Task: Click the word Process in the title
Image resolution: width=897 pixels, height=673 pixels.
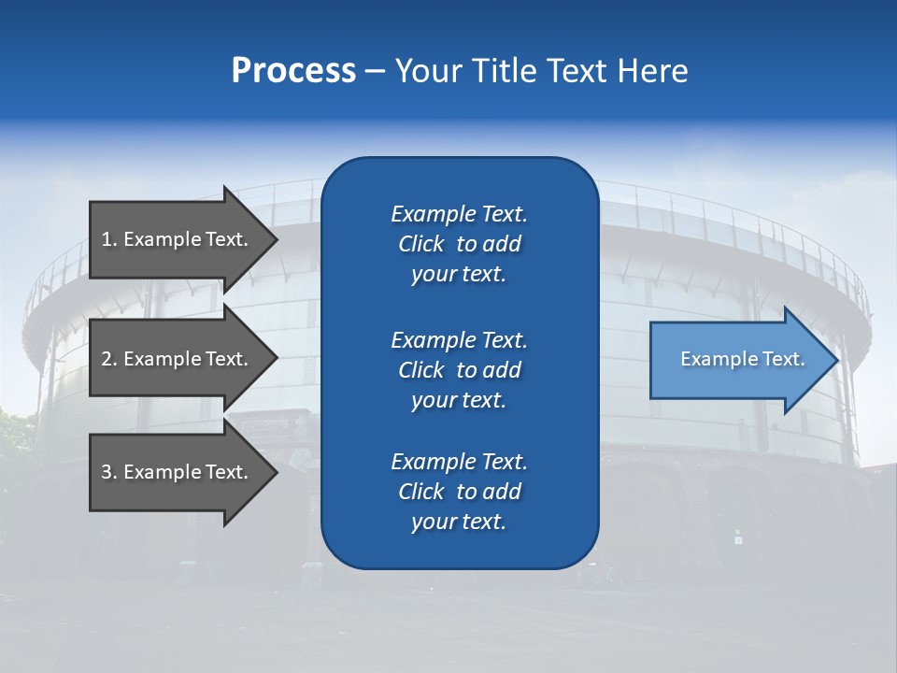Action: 293,71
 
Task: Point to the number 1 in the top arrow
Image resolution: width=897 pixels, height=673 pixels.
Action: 107,239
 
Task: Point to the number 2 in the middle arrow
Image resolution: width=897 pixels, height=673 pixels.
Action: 107,359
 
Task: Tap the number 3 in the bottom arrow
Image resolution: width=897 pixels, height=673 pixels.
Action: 107,472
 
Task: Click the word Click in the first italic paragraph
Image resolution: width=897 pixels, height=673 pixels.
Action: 421,244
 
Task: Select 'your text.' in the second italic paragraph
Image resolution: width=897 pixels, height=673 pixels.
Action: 459,400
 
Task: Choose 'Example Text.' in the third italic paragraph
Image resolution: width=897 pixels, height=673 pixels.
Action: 459,462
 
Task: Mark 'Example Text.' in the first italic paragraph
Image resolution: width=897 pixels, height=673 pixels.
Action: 459,214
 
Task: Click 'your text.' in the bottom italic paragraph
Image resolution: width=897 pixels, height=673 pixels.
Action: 459,522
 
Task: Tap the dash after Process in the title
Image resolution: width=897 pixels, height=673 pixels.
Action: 375,71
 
